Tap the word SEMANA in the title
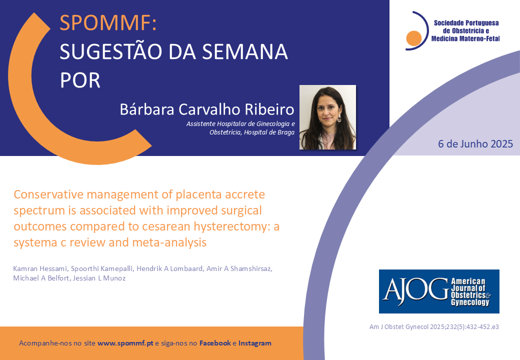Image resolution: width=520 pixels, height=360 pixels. point(244,51)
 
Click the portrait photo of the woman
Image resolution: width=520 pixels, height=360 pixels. point(327,117)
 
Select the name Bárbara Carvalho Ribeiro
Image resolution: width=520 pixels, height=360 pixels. point(207,109)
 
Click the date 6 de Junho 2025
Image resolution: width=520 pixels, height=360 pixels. point(475,144)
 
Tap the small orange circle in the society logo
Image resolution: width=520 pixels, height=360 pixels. point(414,38)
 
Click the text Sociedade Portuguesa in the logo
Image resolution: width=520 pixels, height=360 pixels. point(466,23)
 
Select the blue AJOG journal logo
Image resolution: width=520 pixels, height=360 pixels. point(439,291)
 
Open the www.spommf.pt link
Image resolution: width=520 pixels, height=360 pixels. point(125,343)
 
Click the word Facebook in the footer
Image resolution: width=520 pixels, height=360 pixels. point(215,343)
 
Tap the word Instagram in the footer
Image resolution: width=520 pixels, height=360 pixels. point(254,343)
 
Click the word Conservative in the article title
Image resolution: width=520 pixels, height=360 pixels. point(48,194)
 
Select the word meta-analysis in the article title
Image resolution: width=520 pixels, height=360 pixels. point(169,242)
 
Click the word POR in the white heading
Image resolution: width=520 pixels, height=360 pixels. point(80,80)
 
